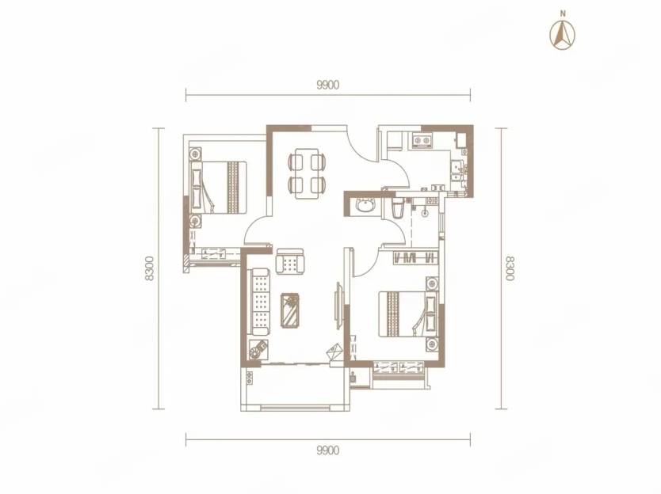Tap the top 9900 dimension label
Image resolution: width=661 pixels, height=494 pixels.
pyautogui.click(x=327, y=85)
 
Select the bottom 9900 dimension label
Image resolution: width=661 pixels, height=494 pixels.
pyautogui.click(x=327, y=450)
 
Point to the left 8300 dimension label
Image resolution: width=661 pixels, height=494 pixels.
pyautogui.click(x=148, y=268)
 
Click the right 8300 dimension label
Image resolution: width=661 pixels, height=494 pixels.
pyautogui.click(x=510, y=268)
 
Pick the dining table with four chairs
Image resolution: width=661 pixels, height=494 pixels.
pyautogui.click(x=307, y=173)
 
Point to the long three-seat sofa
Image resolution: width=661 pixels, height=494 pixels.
pyautogui.click(x=260, y=301)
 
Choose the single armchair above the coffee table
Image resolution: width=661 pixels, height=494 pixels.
pyautogui.click(x=289, y=261)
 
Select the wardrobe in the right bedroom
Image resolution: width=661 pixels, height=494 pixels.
pyautogui.click(x=415, y=257)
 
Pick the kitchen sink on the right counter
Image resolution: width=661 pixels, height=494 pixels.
pyautogui.click(x=457, y=169)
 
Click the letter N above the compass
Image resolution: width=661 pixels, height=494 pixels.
pyautogui.click(x=563, y=13)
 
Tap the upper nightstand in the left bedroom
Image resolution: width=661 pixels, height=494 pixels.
pyautogui.click(x=195, y=154)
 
